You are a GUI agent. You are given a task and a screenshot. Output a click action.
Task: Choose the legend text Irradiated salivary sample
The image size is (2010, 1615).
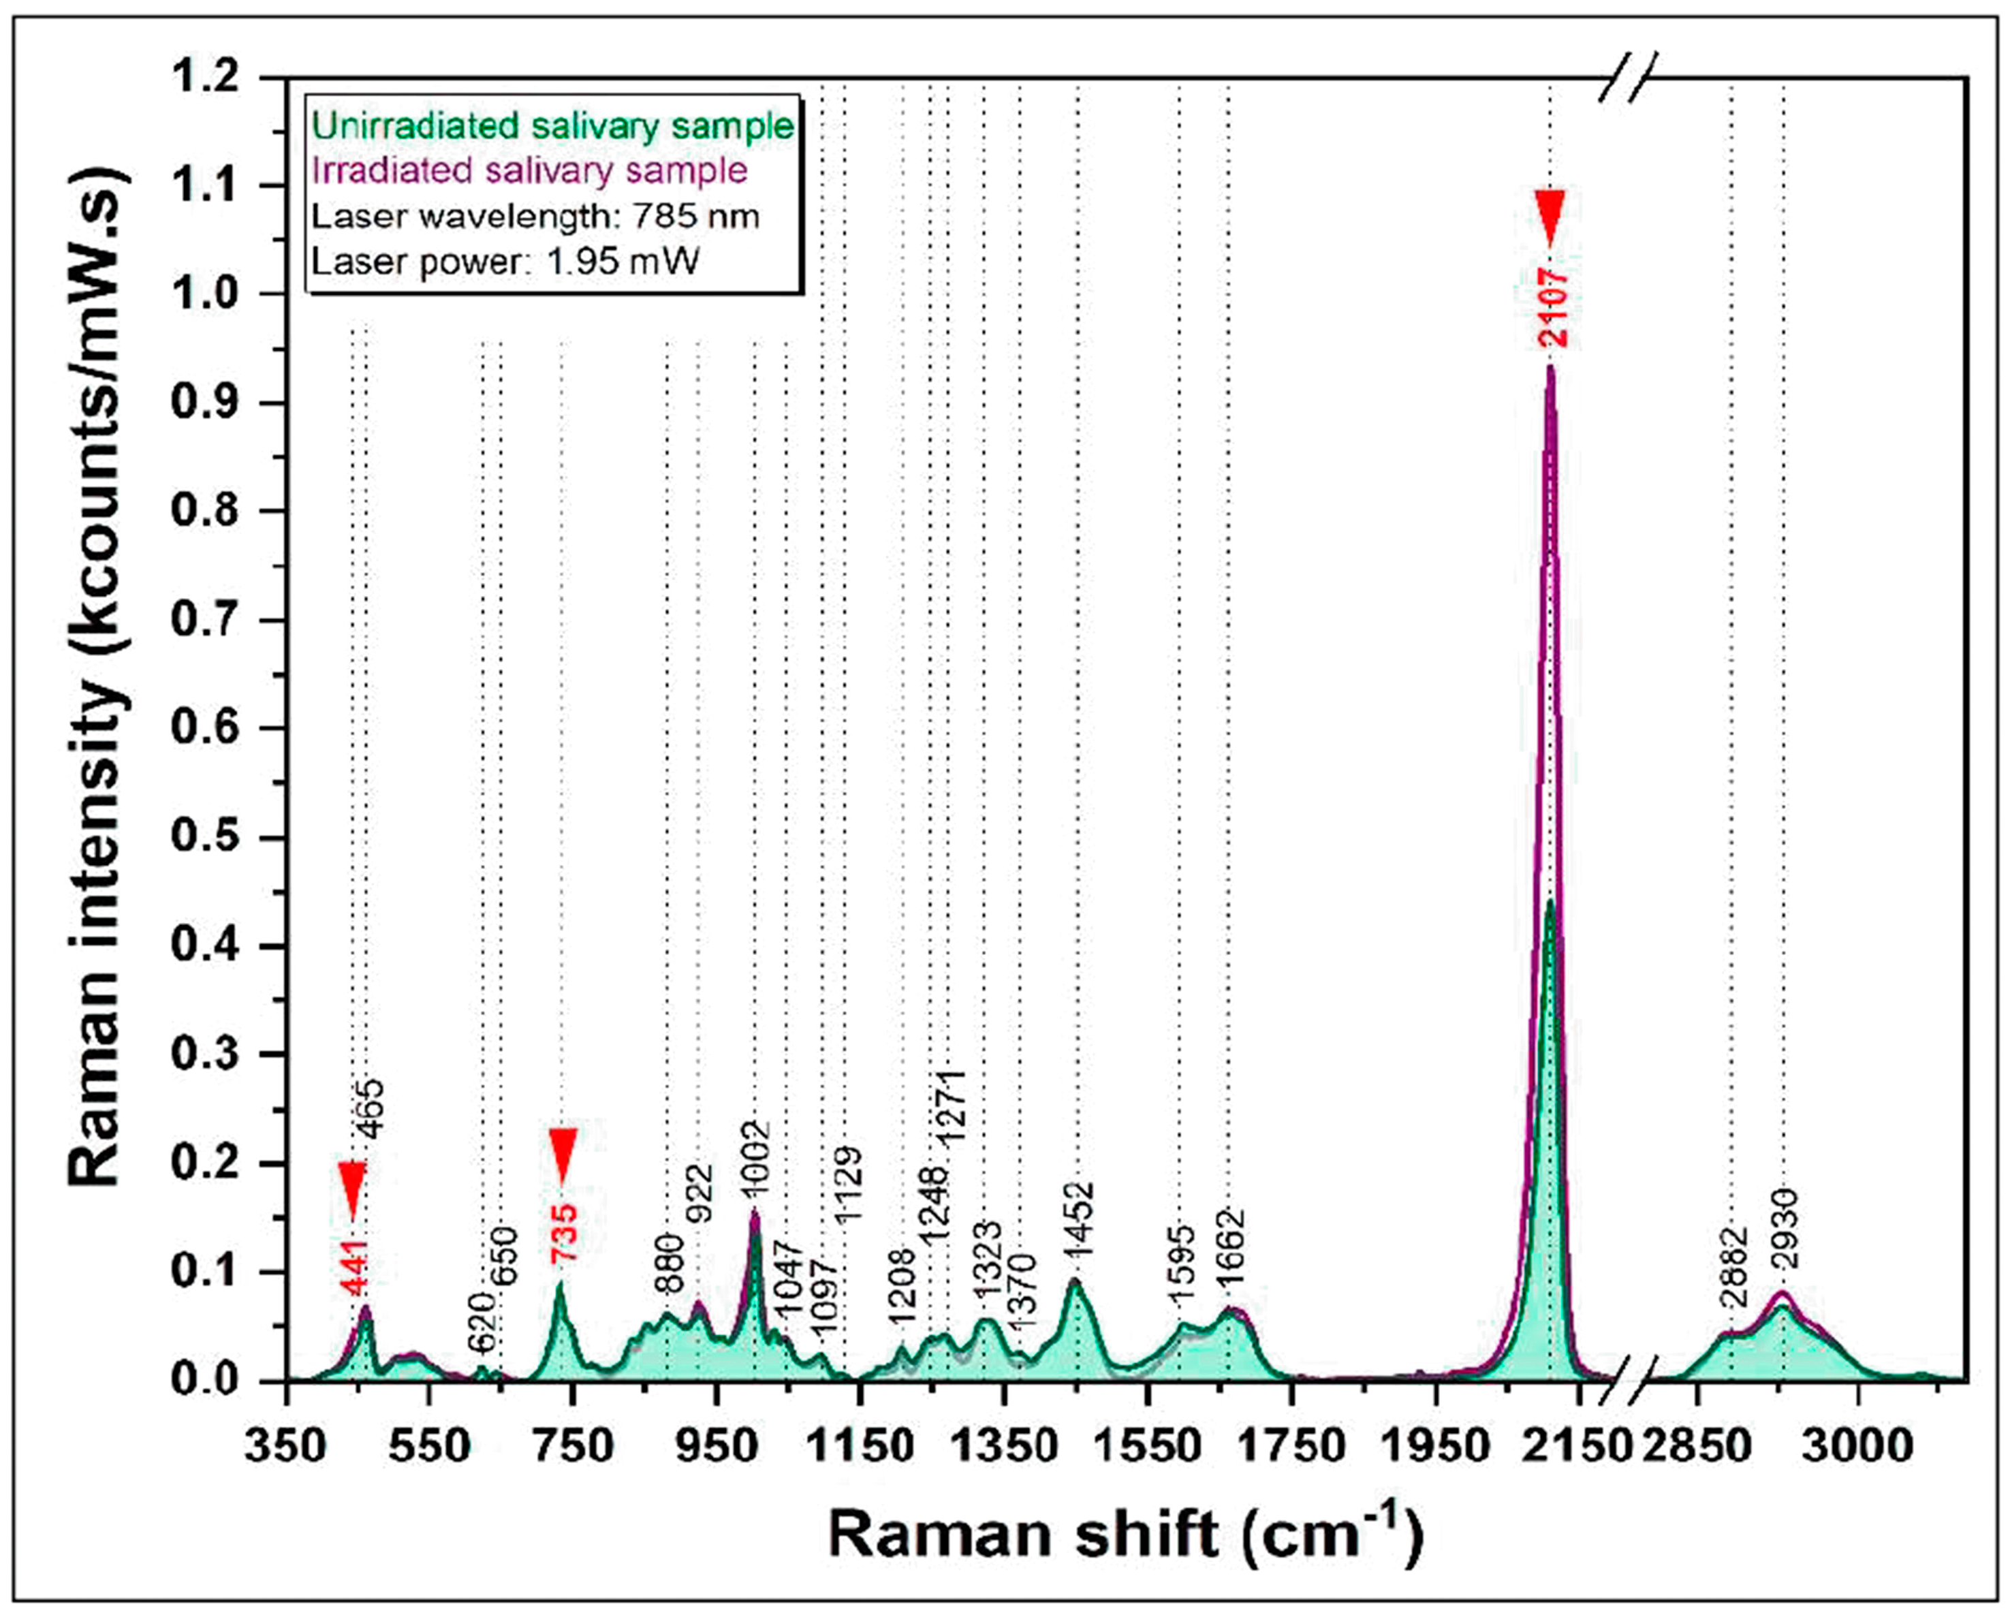pos(529,171)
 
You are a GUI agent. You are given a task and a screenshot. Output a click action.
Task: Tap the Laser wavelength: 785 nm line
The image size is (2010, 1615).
pos(535,217)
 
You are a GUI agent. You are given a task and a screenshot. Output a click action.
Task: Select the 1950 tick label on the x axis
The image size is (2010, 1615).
pos(1436,1447)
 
